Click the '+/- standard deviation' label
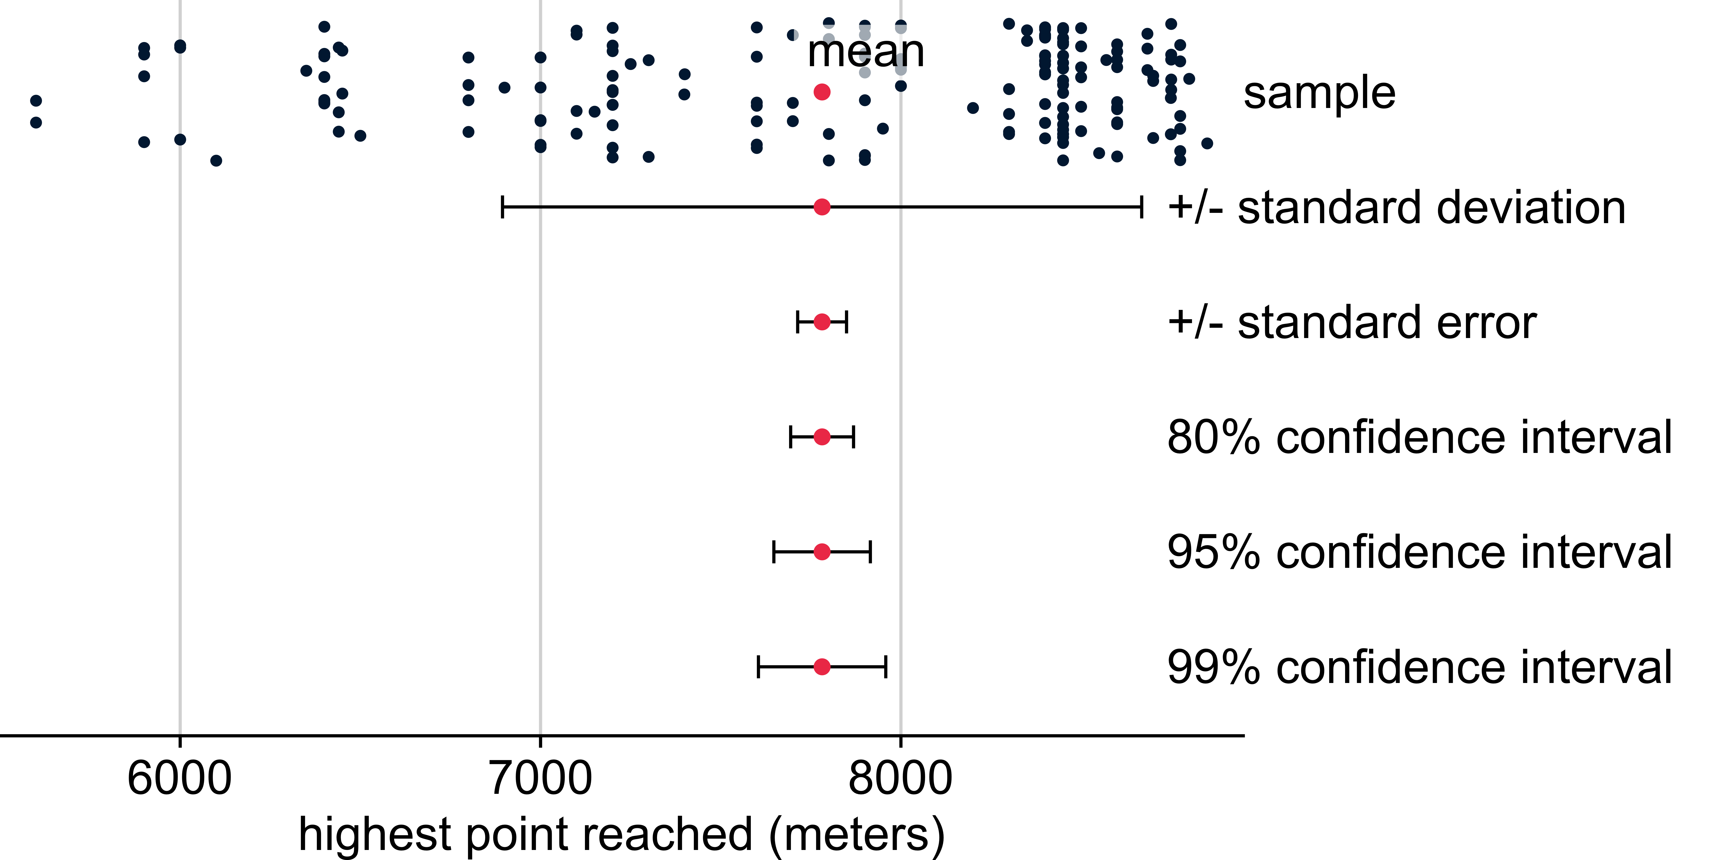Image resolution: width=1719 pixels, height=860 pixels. [1396, 208]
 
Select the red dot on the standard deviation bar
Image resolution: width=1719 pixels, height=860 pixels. [822, 207]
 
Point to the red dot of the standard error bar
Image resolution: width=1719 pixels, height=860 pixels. [822, 322]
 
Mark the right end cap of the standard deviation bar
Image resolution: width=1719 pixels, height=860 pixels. [1142, 207]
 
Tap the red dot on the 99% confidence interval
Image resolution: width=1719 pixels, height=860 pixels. [822, 666]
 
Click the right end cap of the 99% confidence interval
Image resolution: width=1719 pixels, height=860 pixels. [886, 666]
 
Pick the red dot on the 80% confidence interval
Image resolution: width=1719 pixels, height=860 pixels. [822, 437]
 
